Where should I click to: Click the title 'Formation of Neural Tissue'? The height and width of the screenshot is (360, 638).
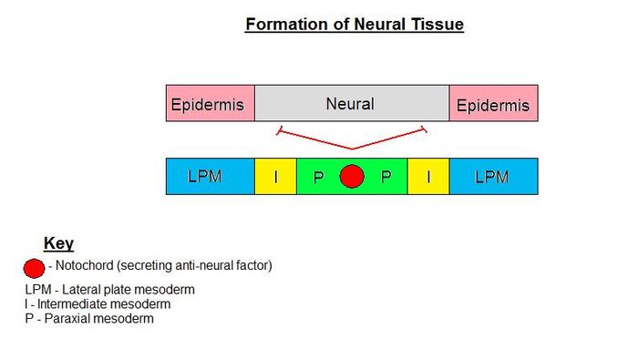(x=354, y=25)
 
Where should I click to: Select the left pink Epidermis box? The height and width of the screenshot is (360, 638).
(x=210, y=104)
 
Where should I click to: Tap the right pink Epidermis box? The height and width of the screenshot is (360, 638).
(x=492, y=104)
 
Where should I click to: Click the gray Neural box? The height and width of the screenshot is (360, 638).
(x=351, y=104)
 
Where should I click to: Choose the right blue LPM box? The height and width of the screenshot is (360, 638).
(x=492, y=176)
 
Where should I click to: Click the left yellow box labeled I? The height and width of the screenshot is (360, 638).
(x=276, y=176)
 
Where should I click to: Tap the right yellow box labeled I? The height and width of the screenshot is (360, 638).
(x=428, y=176)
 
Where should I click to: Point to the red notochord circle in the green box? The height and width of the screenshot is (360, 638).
(x=352, y=176)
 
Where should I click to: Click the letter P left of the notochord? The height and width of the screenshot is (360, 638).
(x=318, y=177)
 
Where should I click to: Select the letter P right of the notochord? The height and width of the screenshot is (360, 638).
(x=386, y=177)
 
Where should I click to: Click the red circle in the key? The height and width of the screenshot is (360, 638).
(x=34, y=268)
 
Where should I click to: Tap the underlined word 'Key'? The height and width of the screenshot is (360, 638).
(x=58, y=244)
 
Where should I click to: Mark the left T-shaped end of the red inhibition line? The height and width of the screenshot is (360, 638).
(x=278, y=132)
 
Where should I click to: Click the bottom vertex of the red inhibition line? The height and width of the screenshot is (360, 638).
(x=352, y=149)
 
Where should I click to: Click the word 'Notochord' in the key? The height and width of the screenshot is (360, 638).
(x=86, y=266)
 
